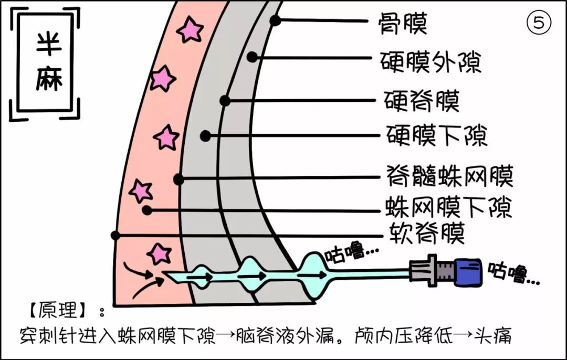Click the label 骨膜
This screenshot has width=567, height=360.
click(x=404, y=23)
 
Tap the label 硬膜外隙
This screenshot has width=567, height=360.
click(x=430, y=62)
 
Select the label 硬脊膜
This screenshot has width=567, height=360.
click(x=422, y=100)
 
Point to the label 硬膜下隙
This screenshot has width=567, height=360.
click(x=437, y=135)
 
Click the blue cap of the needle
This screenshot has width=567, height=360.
click(x=468, y=272)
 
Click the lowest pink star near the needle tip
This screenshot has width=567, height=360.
click(x=159, y=253)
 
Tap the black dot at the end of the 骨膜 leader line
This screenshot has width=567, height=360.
click(x=275, y=20)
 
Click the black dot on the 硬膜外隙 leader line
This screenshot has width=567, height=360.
click(x=253, y=57)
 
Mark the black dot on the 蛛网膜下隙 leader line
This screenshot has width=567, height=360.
click(x=147, y=210)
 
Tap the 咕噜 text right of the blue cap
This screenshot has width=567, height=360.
click(x=513, y=273)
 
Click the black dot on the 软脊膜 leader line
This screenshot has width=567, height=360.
click(x=115, y=235)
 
